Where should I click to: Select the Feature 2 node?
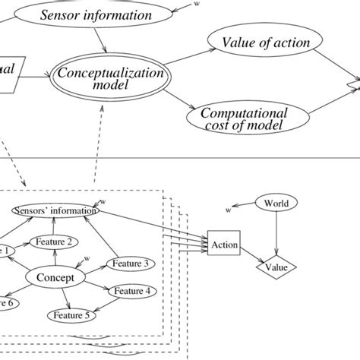point(53,242)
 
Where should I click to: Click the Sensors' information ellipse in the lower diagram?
point(55,210)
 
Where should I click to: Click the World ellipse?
point(276,203)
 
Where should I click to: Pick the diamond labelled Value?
point(277,267)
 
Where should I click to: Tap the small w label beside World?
point(228,207)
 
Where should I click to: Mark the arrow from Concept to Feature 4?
point(97,284)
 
